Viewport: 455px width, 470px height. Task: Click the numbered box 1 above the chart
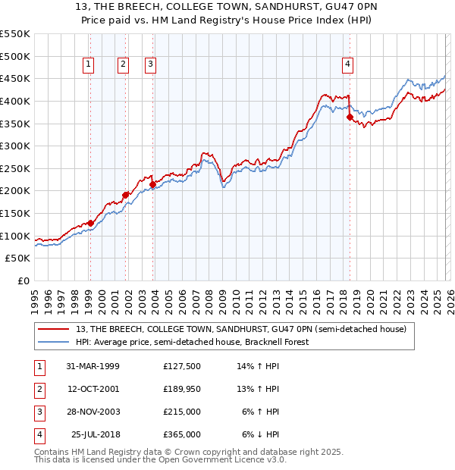tap(89, 64)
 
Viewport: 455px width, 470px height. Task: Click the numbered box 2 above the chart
tap(123, 64)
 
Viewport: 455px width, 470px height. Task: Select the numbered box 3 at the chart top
tap(151, 64)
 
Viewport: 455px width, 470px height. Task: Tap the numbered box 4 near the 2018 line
tap(347, 64)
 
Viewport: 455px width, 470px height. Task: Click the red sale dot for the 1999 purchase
tap(90, 223)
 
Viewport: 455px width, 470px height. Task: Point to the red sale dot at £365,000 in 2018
tap(350, 117)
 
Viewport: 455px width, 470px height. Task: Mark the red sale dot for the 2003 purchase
tap(153, 184)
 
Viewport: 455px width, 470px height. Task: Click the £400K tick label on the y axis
tap(15, 101)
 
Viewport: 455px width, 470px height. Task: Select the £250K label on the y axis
tap(15, 168)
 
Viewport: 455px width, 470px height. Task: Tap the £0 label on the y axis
tap(23, 280)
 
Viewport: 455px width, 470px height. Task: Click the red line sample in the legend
tap(55, 329)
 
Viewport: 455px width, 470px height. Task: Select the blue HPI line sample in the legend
tap(55, 342)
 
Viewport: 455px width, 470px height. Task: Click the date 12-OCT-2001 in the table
tap(93, 389)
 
